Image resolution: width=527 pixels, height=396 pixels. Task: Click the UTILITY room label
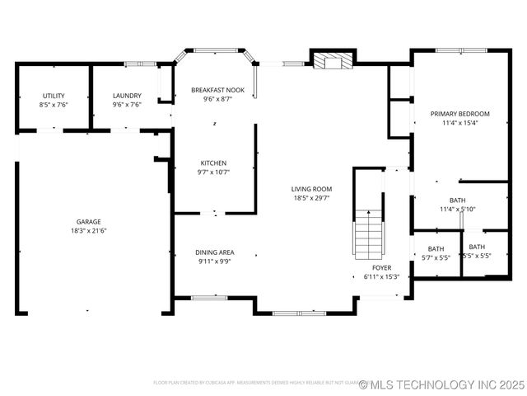pos(54,96)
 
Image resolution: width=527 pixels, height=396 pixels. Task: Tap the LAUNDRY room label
pos(127,96)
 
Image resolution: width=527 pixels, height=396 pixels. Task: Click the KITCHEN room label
pos(213,163)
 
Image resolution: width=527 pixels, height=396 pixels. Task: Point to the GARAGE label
pos(89,222)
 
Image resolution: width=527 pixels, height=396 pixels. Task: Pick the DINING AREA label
pos(214,252)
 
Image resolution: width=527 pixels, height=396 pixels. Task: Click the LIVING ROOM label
pos(311,189)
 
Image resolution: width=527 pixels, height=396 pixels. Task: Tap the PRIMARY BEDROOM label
pos(459,114)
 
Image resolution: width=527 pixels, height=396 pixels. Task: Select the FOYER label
pos(381,268)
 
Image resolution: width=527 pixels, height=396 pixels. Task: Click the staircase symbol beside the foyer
pos(369,233)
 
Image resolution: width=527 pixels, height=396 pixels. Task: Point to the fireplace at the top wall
pos(333,60)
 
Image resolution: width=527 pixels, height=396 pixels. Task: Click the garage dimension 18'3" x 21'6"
pos(89,231)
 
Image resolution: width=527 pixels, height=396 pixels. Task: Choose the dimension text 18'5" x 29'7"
pos(311,198)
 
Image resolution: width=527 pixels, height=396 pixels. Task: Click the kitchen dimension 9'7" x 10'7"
pos(213,172)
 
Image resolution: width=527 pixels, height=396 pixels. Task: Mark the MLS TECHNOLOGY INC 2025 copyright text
pos(444,384)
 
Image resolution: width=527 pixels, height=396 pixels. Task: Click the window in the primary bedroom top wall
pos(455,50)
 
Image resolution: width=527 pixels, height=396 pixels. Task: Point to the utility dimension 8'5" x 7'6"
pos(54,105)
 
